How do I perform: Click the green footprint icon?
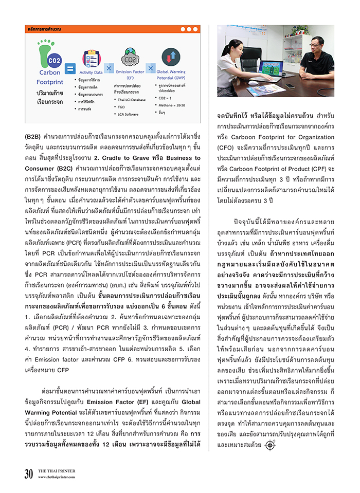pyautogui.click(x=46, y=50)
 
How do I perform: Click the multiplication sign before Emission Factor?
pyautogui.click(x=109, y=67)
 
